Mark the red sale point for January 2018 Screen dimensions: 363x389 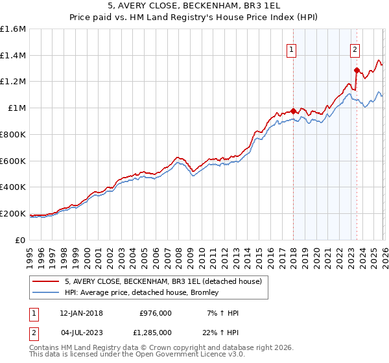[293, 111]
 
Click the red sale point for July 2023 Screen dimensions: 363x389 [356, 70]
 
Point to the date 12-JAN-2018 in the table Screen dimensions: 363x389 [78, 313]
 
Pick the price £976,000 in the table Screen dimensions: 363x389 [156, 313]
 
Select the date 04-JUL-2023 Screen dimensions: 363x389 [78, 333]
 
